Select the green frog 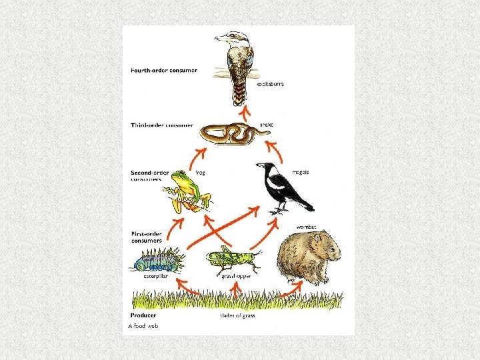pyautogui.click(x=187, y=191)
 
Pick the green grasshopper pyautogui.click(x=233, y=259)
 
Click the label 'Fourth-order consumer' pyautogui.click(x=164, y=71)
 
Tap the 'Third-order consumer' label pyautogui.click(x=162, y=125)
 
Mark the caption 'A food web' pyautogui.click(x=144, y=326)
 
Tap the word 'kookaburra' pyautogui.click(x=271, y=85)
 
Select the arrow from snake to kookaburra pyautogui.click(x=244, y=112)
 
